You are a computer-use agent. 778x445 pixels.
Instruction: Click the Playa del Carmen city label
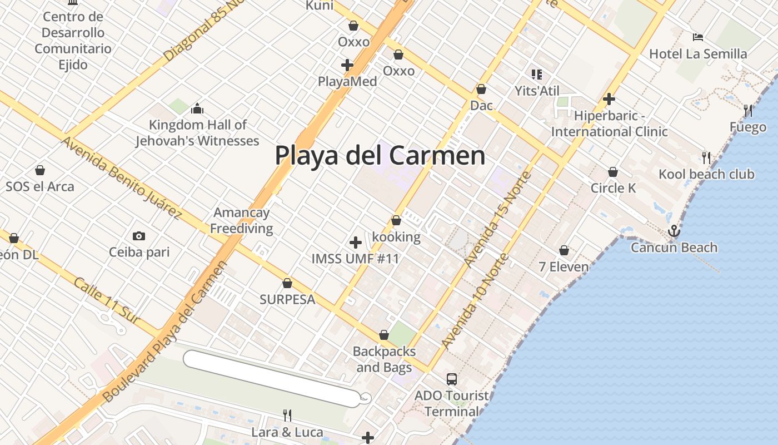[380, 155]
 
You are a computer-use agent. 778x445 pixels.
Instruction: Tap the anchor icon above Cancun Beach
[674, 230]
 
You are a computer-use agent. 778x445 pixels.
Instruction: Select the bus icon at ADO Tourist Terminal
[452, 379]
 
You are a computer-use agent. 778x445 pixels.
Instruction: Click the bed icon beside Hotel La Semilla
[698, 37]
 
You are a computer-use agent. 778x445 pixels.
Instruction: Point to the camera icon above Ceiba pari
[139, 236]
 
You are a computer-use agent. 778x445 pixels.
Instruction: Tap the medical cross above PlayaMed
[347, 65]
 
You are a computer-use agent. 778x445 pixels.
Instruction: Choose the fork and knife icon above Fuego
[748, 111]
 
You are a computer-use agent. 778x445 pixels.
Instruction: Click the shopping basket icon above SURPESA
[287, 283]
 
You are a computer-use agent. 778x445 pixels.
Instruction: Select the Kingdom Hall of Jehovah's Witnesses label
[197, 133]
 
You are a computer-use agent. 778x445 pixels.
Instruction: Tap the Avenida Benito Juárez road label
[121, 177]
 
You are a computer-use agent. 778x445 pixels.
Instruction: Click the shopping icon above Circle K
[613, 172]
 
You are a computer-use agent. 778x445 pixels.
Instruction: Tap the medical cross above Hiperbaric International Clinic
[609, 99]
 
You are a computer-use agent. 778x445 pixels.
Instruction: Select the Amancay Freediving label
[242, 220]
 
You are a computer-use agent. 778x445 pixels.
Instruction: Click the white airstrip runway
[272, 378]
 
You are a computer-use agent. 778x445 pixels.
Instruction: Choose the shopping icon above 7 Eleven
[564, 251]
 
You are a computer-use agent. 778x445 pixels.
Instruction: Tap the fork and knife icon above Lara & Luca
[287, 416]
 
